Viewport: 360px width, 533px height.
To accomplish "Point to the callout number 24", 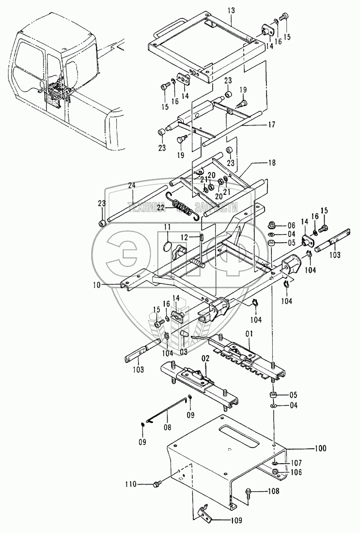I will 132,185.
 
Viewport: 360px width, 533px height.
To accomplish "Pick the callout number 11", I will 166,226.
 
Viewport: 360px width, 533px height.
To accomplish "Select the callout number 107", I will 297,462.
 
